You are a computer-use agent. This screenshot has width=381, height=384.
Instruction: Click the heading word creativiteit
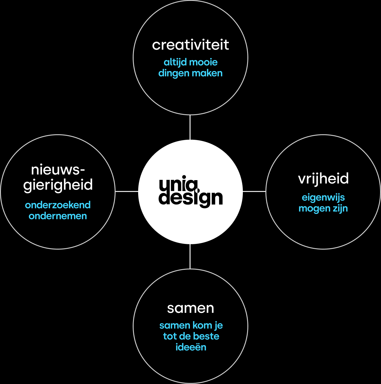pyautogui.click(x=190, y=45)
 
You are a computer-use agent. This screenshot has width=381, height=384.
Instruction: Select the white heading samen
pyautogui.click(x=190, y=308)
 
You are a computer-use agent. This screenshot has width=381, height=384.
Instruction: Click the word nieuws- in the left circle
pyautogui.click(x=58, y=170)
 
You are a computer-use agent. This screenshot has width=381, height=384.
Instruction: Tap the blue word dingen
pyautogui.click(x=173, y=74)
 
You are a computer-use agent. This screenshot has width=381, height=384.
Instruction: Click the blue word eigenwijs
pyautogui.click(x=323, y=198)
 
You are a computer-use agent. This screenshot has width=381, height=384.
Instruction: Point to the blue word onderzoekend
pyautogui.click(x=58, y=205)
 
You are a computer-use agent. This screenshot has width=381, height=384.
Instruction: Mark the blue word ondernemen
pyautogui.click(x=58, y=216)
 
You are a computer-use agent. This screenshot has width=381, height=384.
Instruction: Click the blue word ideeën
pyautogui.click(x=191, y=347)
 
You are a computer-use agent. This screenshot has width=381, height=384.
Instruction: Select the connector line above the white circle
pyautogui.click(x=190, y=127)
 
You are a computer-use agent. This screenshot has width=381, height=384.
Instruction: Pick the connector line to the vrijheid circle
pyautogui.click(x=254, y=191)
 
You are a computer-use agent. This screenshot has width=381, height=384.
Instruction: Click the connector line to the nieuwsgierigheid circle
pyautogui.click(x=127, y=191)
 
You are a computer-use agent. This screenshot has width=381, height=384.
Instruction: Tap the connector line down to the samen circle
pyautogui.click(x=190, y=256)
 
